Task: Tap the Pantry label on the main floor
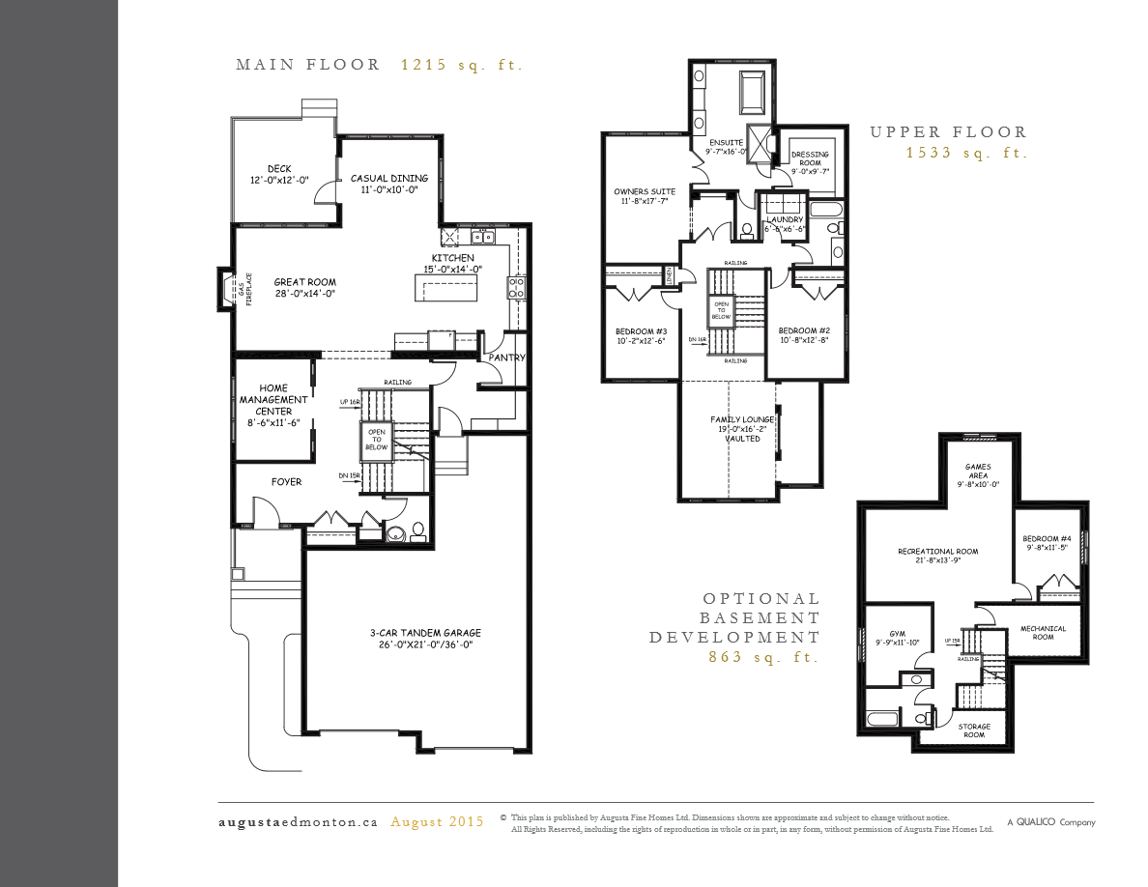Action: click(506, 358)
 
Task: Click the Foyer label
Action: click(286, 481)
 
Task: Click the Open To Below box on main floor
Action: click(376, 440)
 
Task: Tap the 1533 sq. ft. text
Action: click(966, 154)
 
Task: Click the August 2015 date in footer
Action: click(437, 822)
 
